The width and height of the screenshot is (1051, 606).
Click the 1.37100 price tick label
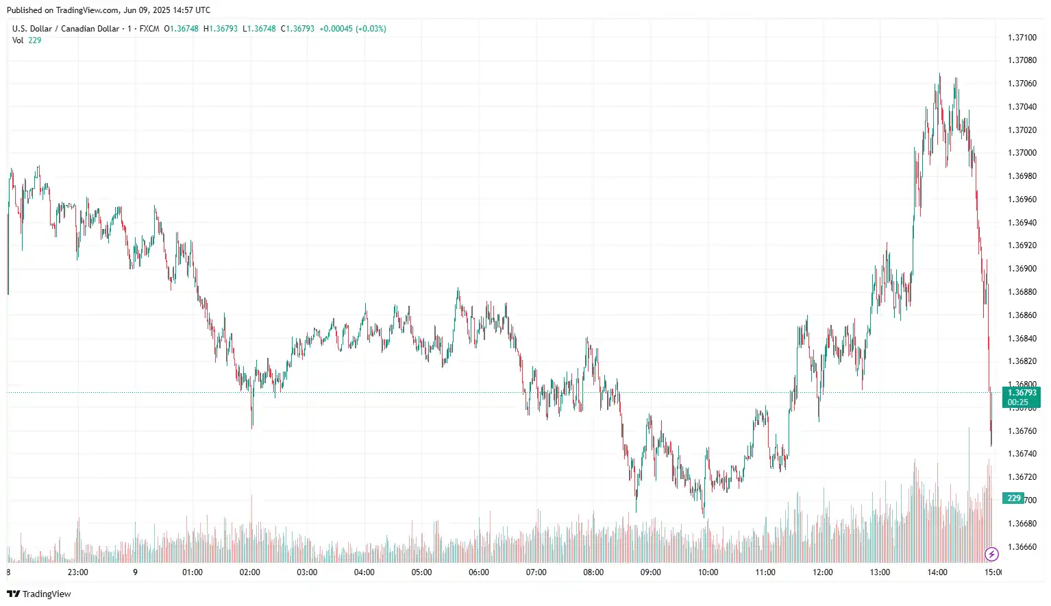pos(1022,37)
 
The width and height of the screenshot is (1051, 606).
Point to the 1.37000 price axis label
pos(1022,153)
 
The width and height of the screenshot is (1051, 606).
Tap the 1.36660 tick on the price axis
pos(1022,547)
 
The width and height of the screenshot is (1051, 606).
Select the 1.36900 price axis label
pos(1022,269)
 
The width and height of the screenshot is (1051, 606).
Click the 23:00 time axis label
pos(78,572)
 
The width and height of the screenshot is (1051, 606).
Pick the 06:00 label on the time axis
pos(479,572)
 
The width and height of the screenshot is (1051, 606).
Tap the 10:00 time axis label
pos(708,572)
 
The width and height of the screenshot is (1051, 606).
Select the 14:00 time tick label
pos(937,572)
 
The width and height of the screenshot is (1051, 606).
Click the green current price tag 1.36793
pos(1021,393)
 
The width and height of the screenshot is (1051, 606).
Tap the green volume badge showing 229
pos(1013,498)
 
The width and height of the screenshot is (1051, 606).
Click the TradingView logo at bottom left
pos(39,594)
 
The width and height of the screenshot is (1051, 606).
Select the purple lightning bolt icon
pos(991,554)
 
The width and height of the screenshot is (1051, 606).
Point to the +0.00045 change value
pos(336,29)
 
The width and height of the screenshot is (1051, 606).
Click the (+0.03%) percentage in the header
pos(371,29)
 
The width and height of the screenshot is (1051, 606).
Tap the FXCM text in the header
pos(149,29)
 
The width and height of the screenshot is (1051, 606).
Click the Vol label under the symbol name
pos(18,40)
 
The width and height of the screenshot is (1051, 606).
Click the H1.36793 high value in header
pos(221,29)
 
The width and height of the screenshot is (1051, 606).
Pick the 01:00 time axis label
pos(193,572)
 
